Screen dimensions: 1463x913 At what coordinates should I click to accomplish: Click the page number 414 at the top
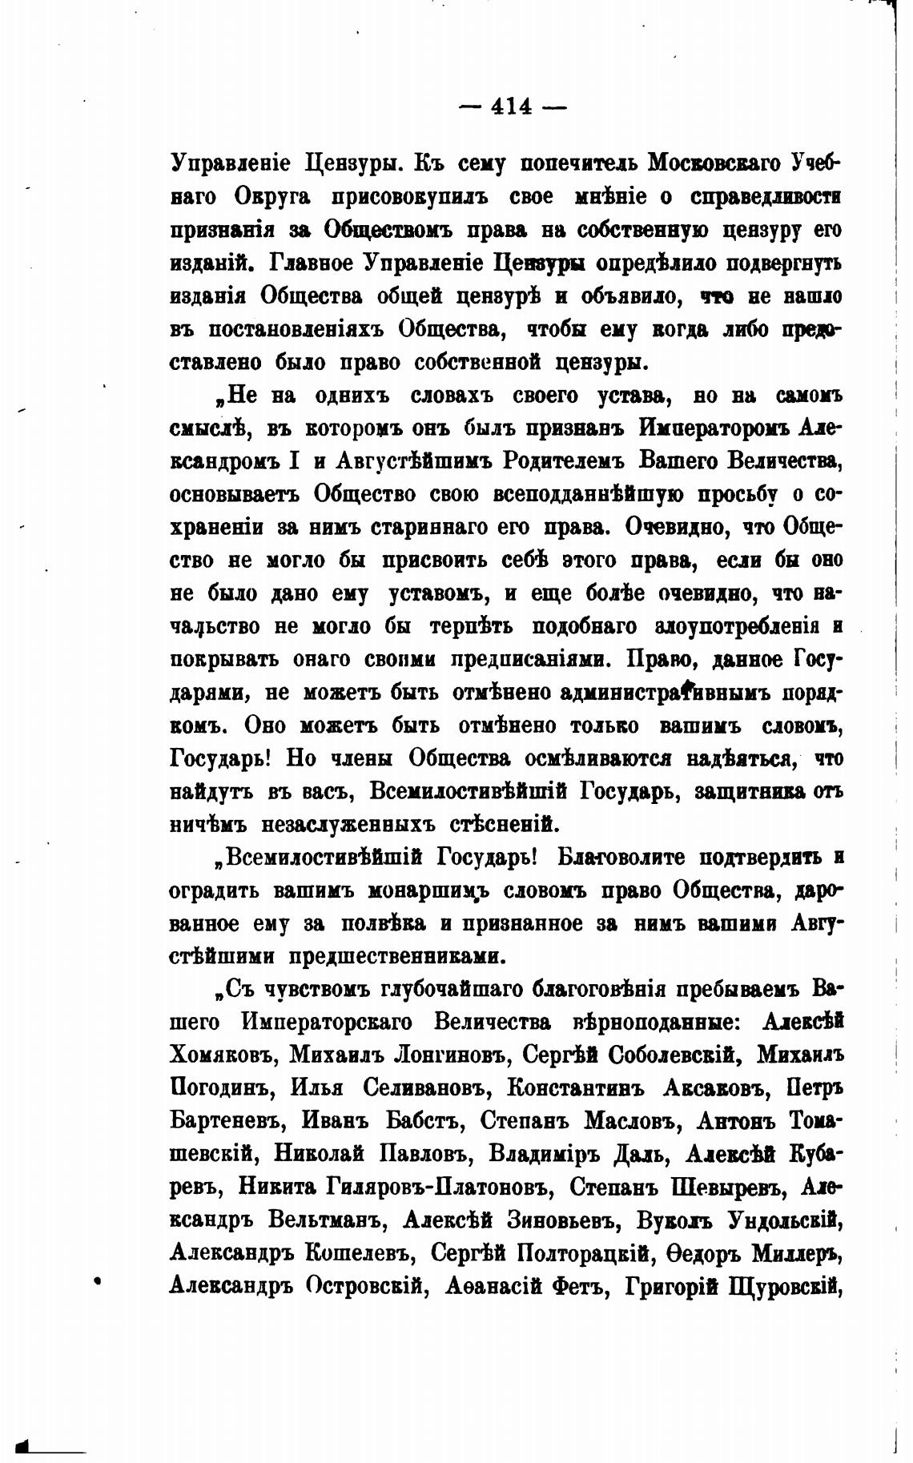click(513, 106)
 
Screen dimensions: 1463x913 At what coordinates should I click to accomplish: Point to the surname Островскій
click(365, 1286)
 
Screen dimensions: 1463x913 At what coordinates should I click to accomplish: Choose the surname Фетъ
click(578, 1286)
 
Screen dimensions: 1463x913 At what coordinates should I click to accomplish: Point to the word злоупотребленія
click(735, 626)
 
